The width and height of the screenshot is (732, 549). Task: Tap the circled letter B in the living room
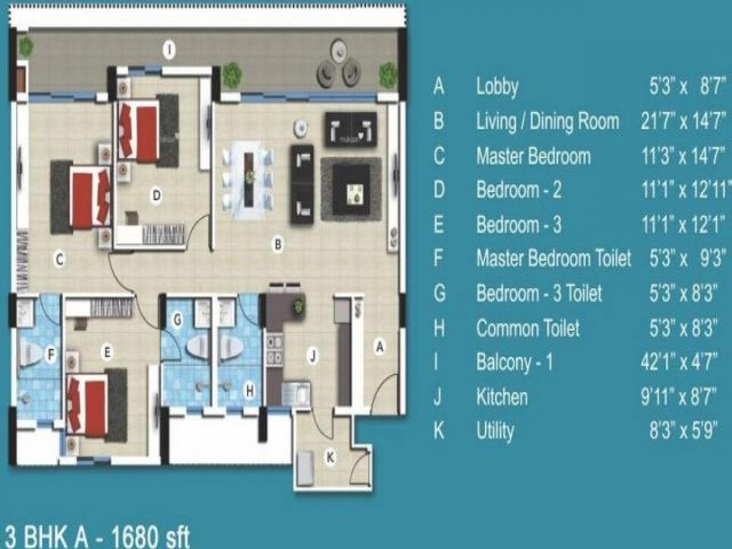278,245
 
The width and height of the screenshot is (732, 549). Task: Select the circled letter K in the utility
330,459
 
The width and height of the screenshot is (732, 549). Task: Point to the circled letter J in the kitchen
312,357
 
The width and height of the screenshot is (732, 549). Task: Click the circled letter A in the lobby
379,347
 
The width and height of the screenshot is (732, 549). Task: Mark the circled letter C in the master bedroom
59,260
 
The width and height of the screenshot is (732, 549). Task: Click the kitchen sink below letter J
295,393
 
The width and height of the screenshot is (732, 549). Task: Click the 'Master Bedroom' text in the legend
533,156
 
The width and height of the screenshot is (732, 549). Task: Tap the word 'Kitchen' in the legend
501,397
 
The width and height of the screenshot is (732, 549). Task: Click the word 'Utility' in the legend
495,431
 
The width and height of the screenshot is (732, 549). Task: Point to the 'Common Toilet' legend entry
528,329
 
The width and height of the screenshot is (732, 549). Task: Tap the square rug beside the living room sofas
351,189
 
